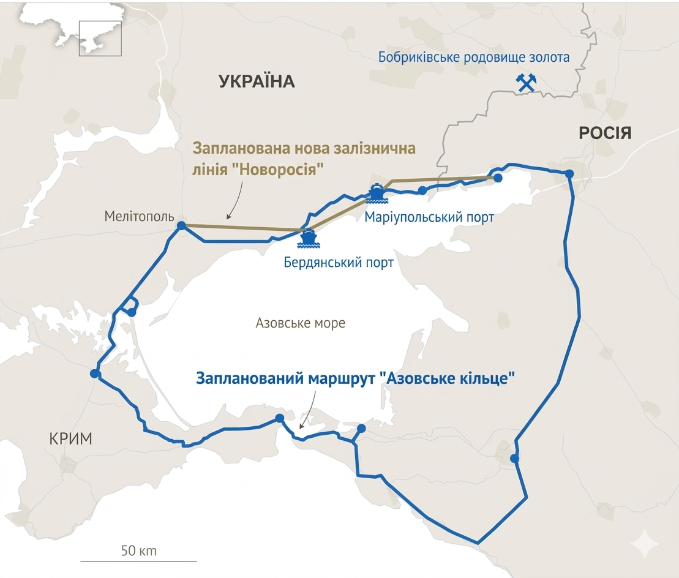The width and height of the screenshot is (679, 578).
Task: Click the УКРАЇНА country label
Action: (x=257, y=81)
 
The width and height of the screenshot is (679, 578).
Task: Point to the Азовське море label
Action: (x=300, y=323)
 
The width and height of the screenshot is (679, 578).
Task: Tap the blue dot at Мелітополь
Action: (x=181, y=226)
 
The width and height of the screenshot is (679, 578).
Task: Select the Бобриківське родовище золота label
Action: (x=473, y=58)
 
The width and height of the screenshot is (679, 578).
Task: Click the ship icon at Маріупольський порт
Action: (x=377, y=193)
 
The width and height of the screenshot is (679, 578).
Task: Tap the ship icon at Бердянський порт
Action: (x=307, y=238)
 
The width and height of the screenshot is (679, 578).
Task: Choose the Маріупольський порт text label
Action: (x=429, y=217)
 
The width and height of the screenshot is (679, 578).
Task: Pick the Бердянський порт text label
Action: (x=338, y=263)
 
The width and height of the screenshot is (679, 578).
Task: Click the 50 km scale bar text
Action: (x=139, y=550)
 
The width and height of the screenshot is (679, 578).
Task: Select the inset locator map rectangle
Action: (x=100, y=39)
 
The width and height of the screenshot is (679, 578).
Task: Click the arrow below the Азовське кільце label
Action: (x=309, y=410)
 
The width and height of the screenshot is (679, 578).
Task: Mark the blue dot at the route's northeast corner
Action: (x=569, y=174)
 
